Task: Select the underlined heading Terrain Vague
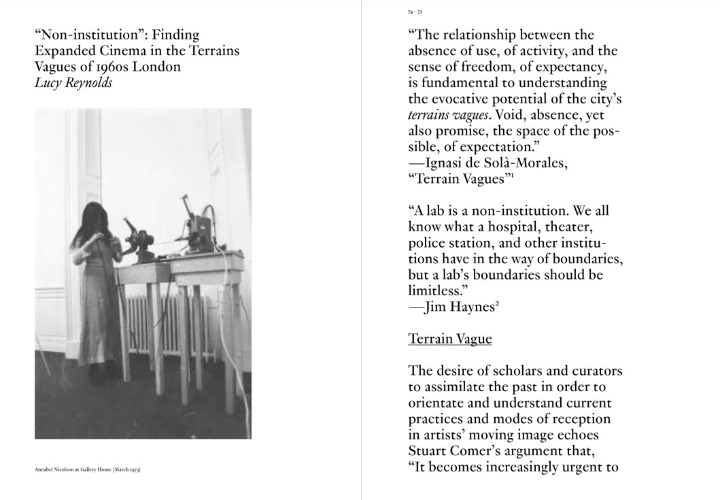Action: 449,338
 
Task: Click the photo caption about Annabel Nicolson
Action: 87,469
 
